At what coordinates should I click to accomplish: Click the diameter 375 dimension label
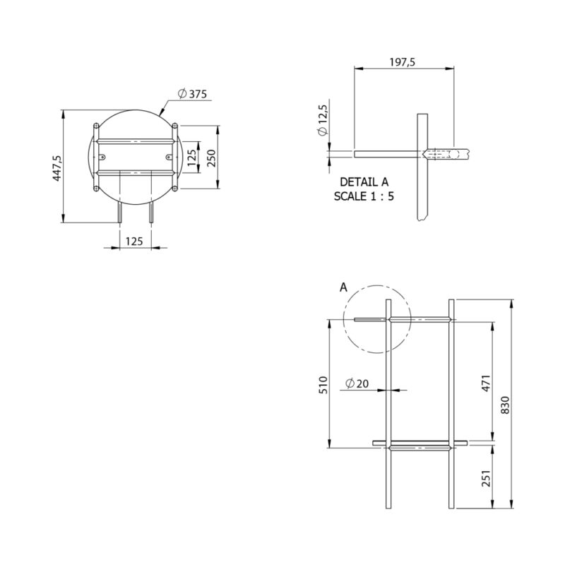(192, 94)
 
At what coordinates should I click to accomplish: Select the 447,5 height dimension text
(57, 168)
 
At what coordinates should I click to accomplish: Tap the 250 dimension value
(211, 157)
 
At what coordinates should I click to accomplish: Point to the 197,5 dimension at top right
(402, 62)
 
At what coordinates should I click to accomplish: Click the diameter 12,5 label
(323, 120)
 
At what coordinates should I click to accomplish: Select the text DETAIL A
(364, 182)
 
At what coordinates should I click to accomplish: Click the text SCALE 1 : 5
(364, 196)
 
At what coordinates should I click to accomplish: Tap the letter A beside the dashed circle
(343, 287)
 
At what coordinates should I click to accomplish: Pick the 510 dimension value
(323, 384)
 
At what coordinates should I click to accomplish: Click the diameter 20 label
(357, 383)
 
